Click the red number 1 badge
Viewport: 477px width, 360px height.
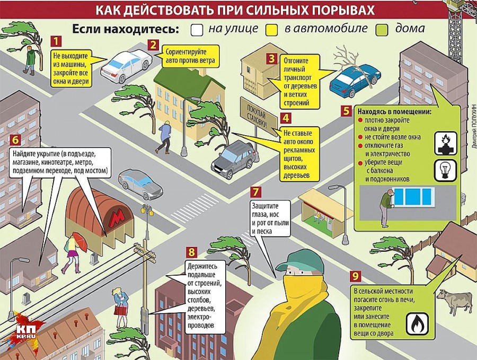56,41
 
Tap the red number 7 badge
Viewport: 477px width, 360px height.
255,192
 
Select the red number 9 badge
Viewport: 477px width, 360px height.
355,276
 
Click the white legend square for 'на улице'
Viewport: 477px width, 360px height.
197,30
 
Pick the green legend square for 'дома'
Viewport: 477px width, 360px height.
382,30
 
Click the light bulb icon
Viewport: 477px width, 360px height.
446,170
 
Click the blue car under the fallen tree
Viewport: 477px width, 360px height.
355,80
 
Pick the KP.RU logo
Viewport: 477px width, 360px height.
26,332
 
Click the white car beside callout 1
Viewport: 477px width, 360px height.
126,66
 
